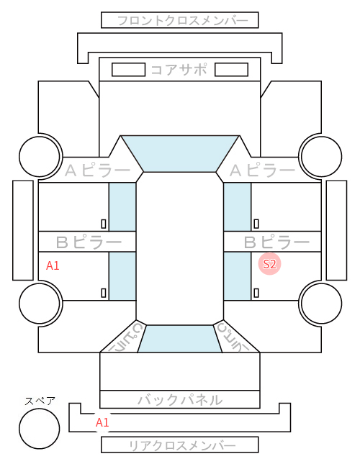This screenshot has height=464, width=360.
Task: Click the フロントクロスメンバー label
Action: (182, 21)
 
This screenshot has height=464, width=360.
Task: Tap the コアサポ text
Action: (179, 70)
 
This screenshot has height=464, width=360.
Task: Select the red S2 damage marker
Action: (269, 264)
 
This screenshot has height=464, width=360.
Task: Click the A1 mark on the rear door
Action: (53, 265)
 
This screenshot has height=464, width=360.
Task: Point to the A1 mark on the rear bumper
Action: (102, 422)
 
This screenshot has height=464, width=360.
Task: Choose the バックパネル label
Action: (180, 400)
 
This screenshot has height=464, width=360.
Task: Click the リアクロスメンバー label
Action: (182, 445)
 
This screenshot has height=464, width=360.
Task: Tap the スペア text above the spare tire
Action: (40, 401)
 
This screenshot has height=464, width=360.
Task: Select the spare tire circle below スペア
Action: (40, 428)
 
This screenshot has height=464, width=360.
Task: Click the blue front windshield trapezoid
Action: (180, 153)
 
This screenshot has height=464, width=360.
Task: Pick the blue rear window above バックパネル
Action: (180, 339)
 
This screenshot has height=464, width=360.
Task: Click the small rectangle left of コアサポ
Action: (128, 70)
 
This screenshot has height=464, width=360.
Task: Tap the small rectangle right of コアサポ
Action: (231, 70)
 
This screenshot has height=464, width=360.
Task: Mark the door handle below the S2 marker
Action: (256, 293)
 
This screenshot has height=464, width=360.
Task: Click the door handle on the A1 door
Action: (104, 293)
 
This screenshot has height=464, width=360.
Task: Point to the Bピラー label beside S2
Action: (276, 242)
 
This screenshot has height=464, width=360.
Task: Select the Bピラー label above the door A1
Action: (89, 242)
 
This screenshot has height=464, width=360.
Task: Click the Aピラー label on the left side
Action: (97, 170)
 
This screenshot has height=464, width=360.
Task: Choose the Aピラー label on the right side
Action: (262, 170)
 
